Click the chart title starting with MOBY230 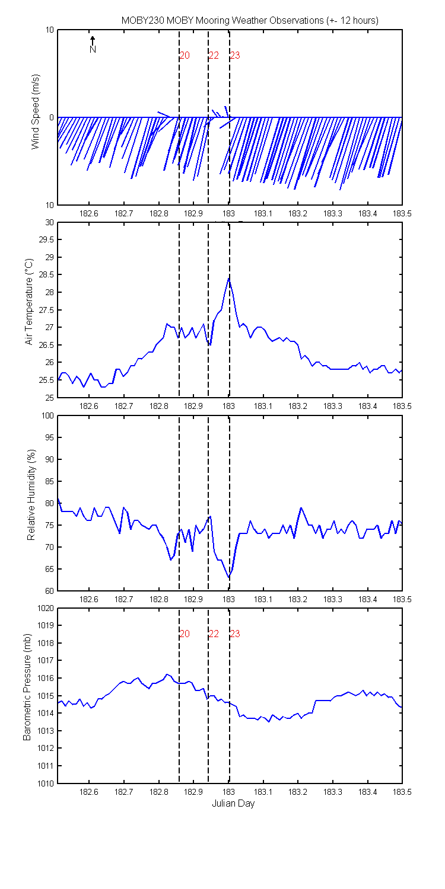pos(250,21)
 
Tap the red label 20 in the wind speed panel pos(185,55)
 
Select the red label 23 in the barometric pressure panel pos(235,634)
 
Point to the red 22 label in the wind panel pos(214,55)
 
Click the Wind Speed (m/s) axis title pos(36,111)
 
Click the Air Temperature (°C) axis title pos(28,302)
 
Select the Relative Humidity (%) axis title pos(31,495)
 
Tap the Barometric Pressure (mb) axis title pos(27,687)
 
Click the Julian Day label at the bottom pos(233,804)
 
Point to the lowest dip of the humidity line pos(229,577)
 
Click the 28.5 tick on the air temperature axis pos(46,274)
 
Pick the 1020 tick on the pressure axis pos(45,608)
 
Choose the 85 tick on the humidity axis pos(49,481)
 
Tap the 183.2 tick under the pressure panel pos(298,792)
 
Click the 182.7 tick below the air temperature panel pos(123,406)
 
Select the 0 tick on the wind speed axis pos(51,117)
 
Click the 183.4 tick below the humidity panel pos(367,599)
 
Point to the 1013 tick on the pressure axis pos(45,731)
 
